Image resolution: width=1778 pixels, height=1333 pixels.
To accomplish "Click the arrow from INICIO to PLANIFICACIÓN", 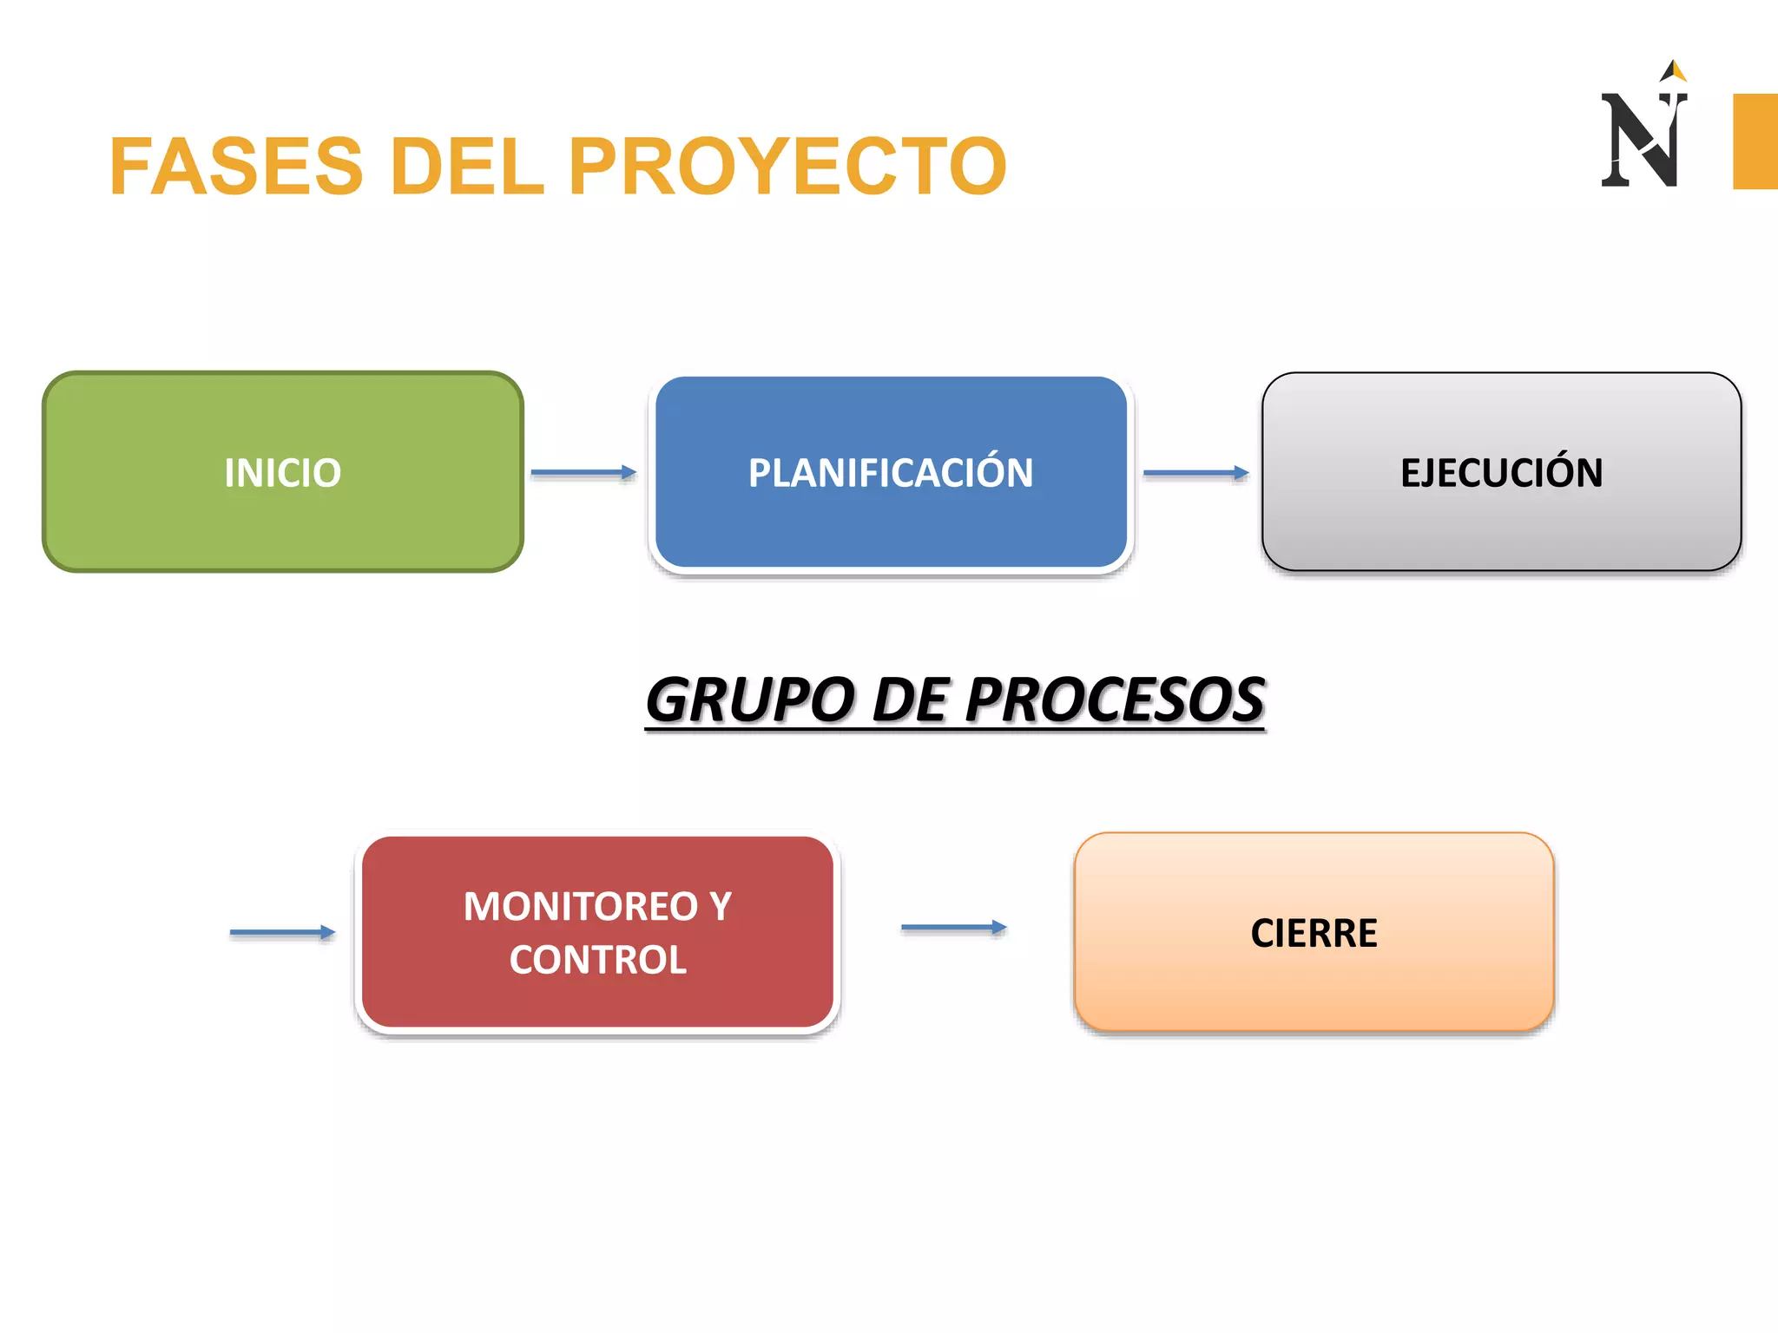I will (583, 473).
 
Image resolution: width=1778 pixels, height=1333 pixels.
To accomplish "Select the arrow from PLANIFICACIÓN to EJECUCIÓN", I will (1195, 473).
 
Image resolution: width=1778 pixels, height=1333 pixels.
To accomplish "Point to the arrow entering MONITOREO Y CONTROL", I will (282, 933).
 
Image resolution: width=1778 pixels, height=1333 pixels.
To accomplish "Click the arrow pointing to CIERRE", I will (953, 928).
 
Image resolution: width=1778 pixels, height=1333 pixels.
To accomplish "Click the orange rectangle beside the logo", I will (1755, 141).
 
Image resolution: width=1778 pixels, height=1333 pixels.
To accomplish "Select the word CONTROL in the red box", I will (597, 960).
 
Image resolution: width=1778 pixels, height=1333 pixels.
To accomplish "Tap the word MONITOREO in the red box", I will (580, 907).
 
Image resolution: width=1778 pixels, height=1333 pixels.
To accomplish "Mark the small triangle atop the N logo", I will (1676, 70).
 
